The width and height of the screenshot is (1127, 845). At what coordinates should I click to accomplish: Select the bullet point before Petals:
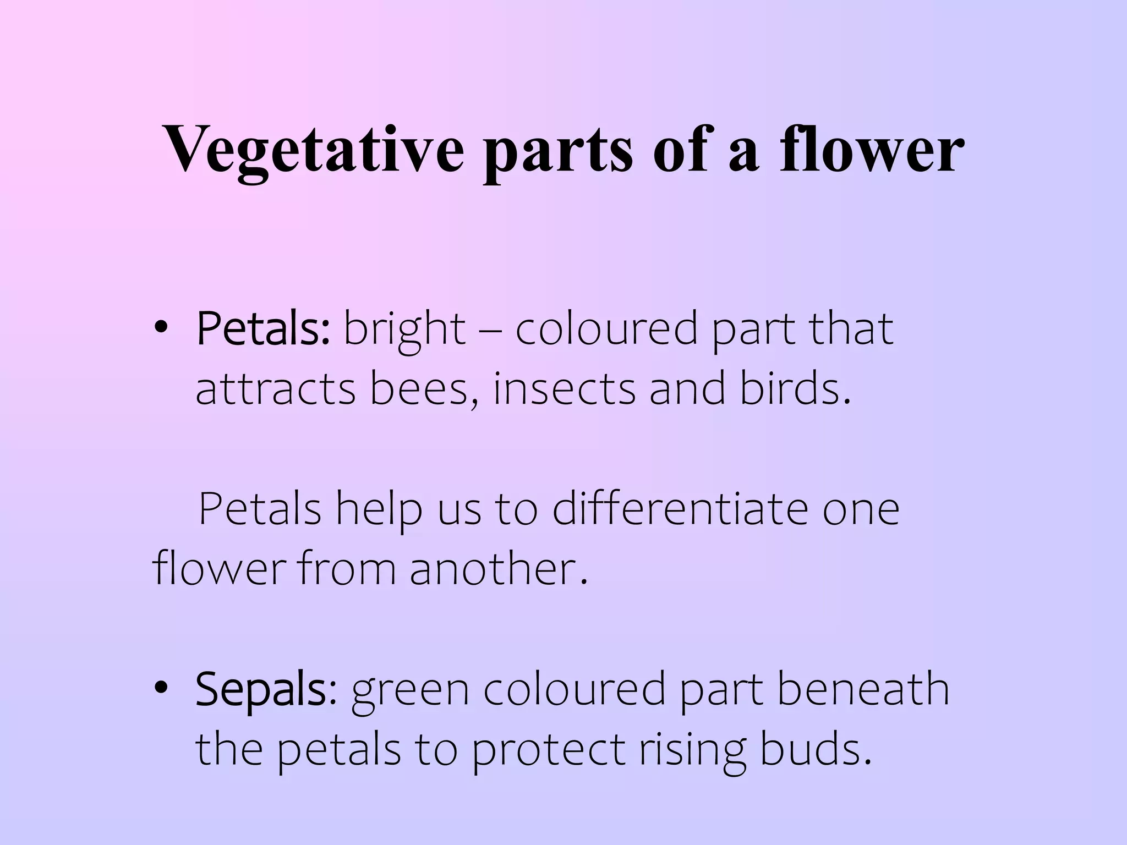coord(161,328)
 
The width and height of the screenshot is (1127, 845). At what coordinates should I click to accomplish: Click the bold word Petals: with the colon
coord(263,330)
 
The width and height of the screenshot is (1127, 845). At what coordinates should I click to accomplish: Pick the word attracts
coord(276,389)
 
